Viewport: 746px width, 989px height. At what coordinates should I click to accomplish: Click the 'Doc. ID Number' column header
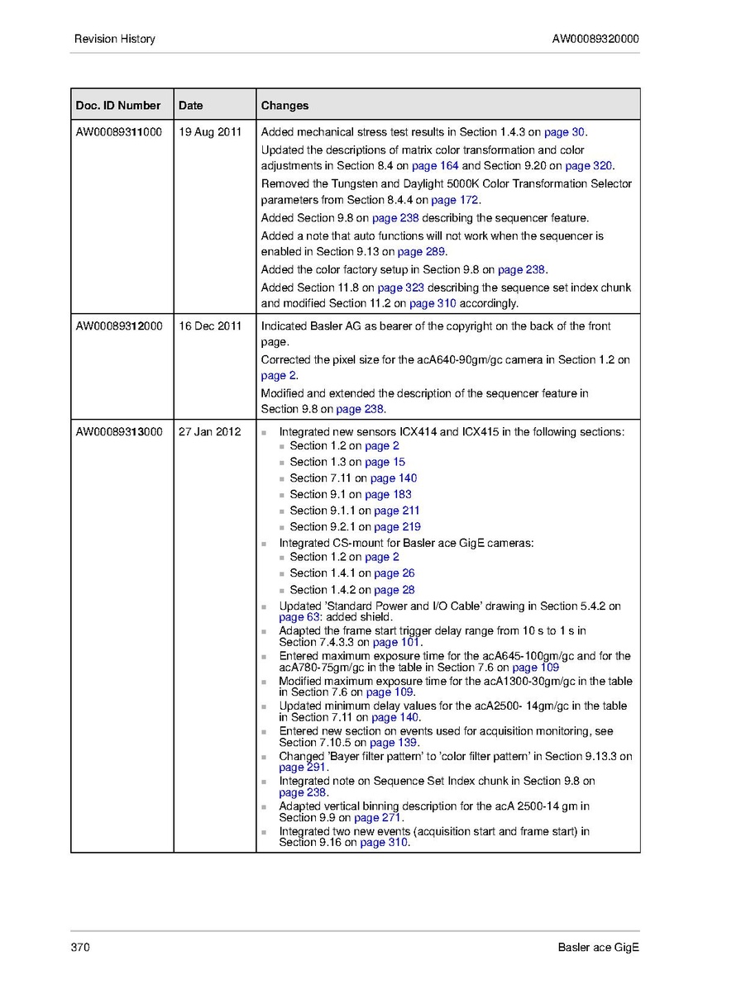tap(118, 106)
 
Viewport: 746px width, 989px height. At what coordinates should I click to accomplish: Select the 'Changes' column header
tap(285, 106)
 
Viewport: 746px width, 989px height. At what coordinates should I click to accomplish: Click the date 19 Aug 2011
tap(210, 132)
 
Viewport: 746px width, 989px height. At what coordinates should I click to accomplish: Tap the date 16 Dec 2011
tap(210, 326)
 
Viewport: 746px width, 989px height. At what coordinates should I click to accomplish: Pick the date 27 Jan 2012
tap(210, 431)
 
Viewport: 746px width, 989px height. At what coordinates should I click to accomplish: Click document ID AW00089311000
tap(119, 132)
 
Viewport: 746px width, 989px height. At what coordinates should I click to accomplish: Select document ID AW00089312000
tap(119, 326)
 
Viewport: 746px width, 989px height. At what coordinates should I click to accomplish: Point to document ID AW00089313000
tap(119, 431)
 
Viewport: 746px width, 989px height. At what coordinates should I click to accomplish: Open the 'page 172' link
tap(455, 200)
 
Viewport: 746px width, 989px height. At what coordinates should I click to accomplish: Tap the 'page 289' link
tap(422, 252)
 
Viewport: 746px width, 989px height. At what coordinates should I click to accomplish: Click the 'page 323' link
tap(401, 288)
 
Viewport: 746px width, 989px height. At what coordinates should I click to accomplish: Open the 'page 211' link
tap(397, 511)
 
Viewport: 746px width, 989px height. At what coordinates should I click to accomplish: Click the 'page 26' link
tap(394, 573)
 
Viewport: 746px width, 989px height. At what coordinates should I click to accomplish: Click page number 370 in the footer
tap(80, 947)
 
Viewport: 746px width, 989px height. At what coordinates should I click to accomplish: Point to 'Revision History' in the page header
tap(114, 39)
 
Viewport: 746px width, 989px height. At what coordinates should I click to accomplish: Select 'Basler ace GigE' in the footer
tap(598, 947)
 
